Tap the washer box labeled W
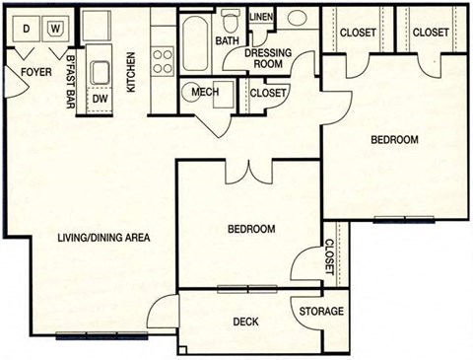(x=55, y=30)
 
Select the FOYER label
(x=29, y=72)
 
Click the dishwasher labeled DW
(x=100, y=99)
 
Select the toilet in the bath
(x=232, y=22)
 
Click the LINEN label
(x=261, y=18)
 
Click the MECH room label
(x=205, y=94)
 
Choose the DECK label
(x=245, y=322)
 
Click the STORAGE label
(x=322, y=312)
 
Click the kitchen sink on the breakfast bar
(x=100, y=72)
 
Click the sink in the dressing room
(x=298, y=20)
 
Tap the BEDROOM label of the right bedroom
(x=394, y=140)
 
